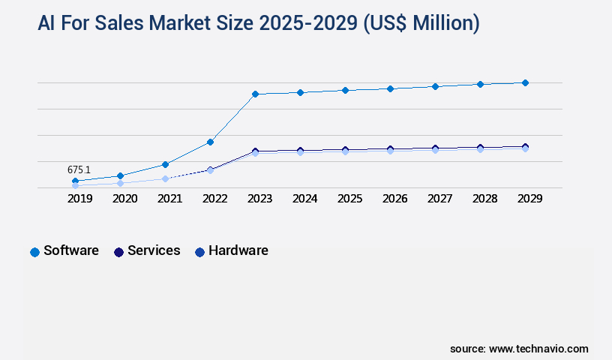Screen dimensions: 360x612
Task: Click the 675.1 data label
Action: pos(79,170)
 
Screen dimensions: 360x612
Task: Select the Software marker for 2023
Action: pos(255,94)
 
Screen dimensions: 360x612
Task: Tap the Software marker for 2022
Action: pos(210,142)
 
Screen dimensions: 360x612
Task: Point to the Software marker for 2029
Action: pos(525,82)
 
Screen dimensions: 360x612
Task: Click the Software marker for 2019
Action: pos(75,181)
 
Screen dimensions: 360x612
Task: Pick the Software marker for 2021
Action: pos(165,164)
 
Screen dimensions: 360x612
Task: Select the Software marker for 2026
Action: pos(390,88)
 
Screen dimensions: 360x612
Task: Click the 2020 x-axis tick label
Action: pos(124,199)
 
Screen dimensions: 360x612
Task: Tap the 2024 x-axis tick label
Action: pos(304,199)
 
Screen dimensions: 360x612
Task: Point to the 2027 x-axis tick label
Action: pos(439,199)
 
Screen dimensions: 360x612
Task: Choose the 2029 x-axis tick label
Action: pos(529,199)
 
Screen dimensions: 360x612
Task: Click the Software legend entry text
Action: pos(71,250)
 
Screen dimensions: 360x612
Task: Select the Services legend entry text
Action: pos(154,250)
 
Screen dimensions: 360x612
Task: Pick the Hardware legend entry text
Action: pos(238,250)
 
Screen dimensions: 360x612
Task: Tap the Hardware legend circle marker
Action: pos(199,252)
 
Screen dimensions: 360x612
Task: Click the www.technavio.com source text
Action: pos(538,349)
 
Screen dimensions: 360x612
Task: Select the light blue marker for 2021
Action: pos(165,178)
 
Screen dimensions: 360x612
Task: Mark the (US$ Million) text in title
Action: pos(421,23)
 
